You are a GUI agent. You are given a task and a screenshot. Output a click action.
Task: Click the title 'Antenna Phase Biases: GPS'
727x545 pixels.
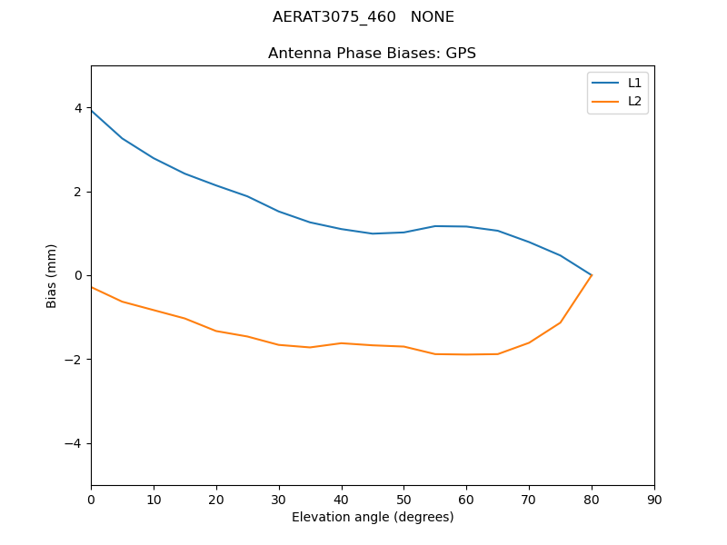(x=372, y=54)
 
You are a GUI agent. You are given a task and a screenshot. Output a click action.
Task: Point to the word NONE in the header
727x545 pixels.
(x=433, y=17)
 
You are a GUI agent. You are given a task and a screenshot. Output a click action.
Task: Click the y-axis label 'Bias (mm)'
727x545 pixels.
(x=52, y=275)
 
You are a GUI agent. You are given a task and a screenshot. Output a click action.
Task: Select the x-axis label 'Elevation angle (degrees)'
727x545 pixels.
(x=373, y=517)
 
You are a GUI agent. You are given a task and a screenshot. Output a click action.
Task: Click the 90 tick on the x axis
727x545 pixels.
(x=654, y=500)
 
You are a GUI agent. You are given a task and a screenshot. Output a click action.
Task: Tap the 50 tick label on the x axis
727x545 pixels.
(x=403, y=500)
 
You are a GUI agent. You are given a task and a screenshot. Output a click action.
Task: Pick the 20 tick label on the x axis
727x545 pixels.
(x=216, y=500)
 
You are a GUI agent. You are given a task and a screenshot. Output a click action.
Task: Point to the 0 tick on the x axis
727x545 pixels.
(x=91, y=500)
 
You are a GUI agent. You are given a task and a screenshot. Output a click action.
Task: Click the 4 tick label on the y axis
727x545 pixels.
(x=78, y=108)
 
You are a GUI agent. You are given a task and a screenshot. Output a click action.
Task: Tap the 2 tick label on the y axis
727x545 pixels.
(x=78, y=192)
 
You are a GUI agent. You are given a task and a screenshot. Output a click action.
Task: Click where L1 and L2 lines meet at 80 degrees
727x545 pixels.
(x=592, y=275)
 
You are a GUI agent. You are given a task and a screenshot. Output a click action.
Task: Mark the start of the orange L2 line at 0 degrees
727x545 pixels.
(x=91, y=287)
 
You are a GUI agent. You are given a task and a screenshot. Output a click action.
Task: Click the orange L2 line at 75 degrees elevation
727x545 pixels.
(x=561, y=322)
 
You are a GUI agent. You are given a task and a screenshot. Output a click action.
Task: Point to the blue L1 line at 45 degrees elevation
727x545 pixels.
(x=373, y=233)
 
